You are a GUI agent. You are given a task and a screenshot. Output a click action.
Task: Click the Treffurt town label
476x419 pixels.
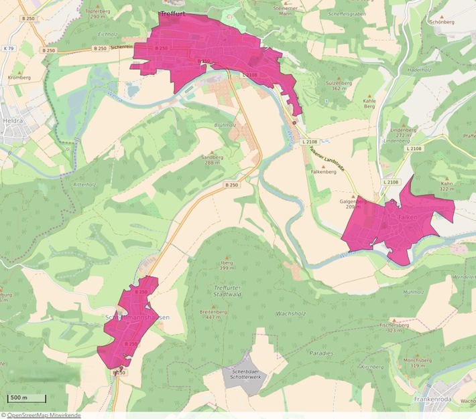(174, 13)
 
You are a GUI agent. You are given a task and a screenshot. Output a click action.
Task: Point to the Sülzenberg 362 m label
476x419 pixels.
(339, 85)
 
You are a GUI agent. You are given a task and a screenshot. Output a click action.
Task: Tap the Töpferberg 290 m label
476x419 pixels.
(98, 14)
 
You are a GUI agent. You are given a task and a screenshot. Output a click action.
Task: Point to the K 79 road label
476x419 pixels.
(8, 49)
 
